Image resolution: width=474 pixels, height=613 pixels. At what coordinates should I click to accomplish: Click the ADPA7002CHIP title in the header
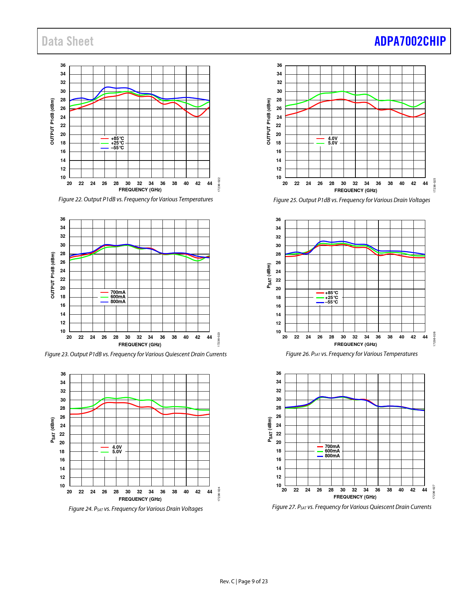[x=410, y=41]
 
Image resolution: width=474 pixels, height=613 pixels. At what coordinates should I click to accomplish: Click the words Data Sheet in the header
[x=68, y=41]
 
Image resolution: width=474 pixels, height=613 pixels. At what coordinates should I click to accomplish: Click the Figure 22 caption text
[x=136, y=200]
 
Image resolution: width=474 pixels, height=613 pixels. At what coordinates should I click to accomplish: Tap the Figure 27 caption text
[x=352, y=507]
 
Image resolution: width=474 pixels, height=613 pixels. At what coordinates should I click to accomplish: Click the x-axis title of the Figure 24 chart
[x=140, y=499]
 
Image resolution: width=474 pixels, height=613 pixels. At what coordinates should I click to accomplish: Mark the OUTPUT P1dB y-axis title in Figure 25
[x=269, y=121]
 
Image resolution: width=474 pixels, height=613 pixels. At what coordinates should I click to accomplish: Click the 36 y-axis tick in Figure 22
[x=63, y=65]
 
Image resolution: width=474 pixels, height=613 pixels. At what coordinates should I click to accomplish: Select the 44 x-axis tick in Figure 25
[x=425, y=184]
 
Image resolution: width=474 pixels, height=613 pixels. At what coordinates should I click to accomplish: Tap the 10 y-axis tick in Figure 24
[x=62, y=486]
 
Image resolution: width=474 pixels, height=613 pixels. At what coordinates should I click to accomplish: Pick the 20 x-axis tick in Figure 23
[x=69, y=337]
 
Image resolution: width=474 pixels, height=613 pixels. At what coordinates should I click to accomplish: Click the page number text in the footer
[x=244, y=581]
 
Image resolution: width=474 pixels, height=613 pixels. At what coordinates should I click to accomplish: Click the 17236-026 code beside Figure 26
[x=434, y=339]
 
